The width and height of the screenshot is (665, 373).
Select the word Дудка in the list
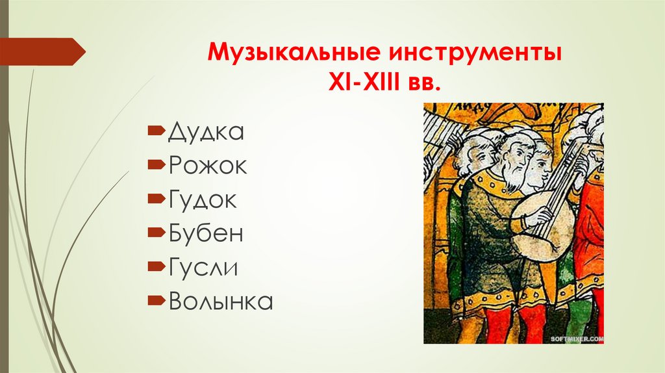(206, 133)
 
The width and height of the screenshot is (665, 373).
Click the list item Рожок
(207, 166)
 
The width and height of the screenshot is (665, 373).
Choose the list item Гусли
(203, 268)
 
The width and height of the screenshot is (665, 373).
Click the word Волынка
(220, 302)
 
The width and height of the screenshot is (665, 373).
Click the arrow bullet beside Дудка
(156, 132)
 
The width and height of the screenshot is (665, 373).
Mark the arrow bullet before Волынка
(156, 301)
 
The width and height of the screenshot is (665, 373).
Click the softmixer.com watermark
(577, 339)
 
